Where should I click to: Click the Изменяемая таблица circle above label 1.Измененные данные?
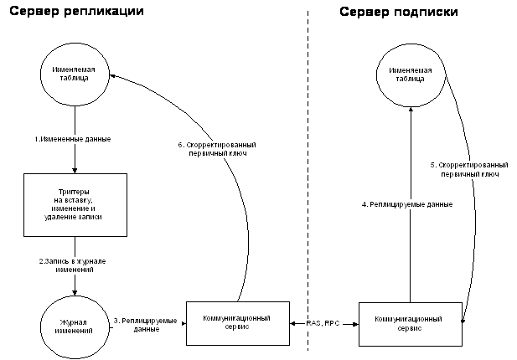pos(75,73)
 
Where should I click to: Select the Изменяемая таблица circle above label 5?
pos(411,74)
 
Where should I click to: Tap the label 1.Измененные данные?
pos(73,138)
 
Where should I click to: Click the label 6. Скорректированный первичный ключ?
pos(218,149)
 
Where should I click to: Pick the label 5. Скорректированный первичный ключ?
pos(469,169)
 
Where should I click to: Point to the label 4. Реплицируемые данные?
pos(411,204)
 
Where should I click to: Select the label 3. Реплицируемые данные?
pos(146,325)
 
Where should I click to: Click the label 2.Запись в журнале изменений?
pos(74,266)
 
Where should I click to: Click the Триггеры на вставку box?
pos(75,205)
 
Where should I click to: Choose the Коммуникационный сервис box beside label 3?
pos(237,322)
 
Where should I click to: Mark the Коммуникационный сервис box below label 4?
pos(410,323)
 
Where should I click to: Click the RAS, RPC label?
pos(323,322)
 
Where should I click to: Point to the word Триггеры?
pos(75,192)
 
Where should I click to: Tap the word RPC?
pos(333,322)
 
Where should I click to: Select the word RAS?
pos(314,322)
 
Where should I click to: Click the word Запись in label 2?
pos(54,262)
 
